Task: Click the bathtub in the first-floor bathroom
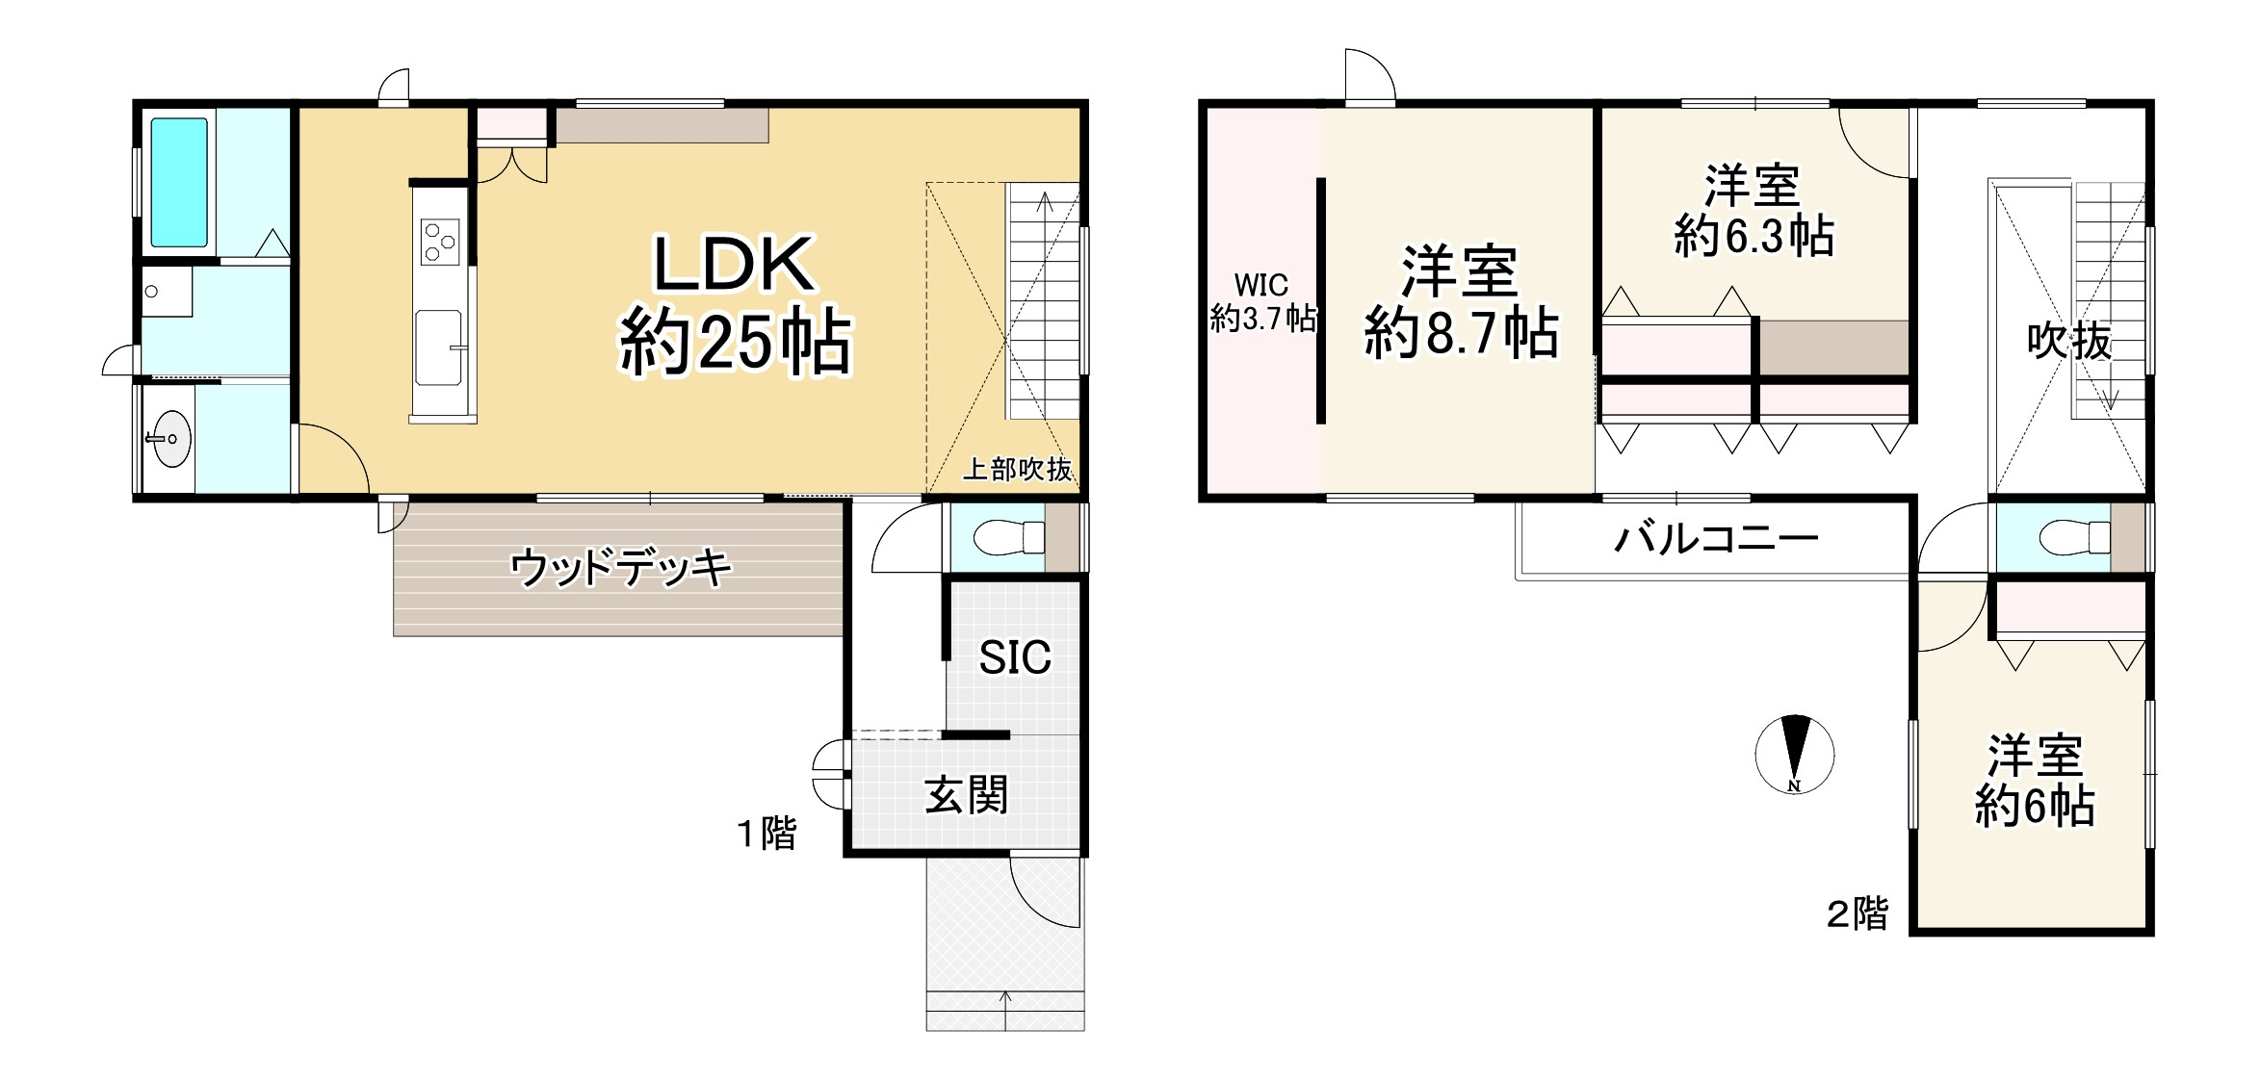179,182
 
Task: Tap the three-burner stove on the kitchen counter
440,241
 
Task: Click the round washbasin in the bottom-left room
169,439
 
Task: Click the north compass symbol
1794,755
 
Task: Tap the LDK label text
735,265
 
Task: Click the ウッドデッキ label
620,568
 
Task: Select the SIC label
1014,657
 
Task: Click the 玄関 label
966,796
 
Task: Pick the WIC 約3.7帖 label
1262,301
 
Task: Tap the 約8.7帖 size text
1461,334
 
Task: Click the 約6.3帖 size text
1753,236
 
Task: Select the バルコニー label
1715,538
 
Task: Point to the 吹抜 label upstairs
2068,341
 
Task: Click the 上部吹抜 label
1017,470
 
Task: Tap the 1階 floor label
766,833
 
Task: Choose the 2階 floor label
1857,913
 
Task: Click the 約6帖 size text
2034,807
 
